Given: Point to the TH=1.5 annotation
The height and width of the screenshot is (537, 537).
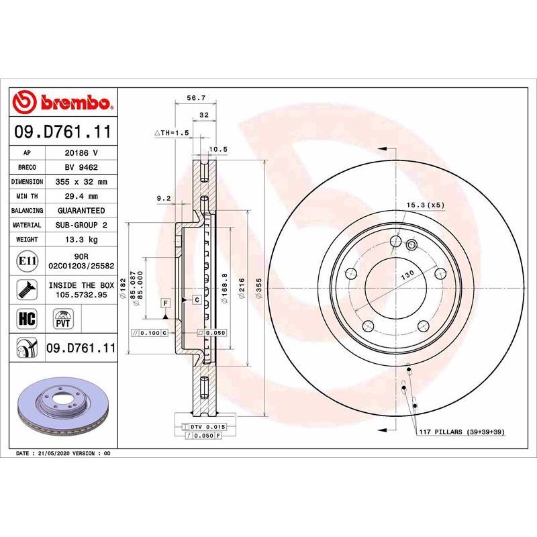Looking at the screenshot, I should coord(173,134).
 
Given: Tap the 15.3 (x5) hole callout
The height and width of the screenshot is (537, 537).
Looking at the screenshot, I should coord(425,204).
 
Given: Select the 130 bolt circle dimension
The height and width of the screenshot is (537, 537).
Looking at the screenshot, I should coord(406,276).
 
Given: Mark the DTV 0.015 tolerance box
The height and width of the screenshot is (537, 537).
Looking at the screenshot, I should coord(204,426).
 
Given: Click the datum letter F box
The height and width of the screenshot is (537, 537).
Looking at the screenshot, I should coord(164,303).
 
